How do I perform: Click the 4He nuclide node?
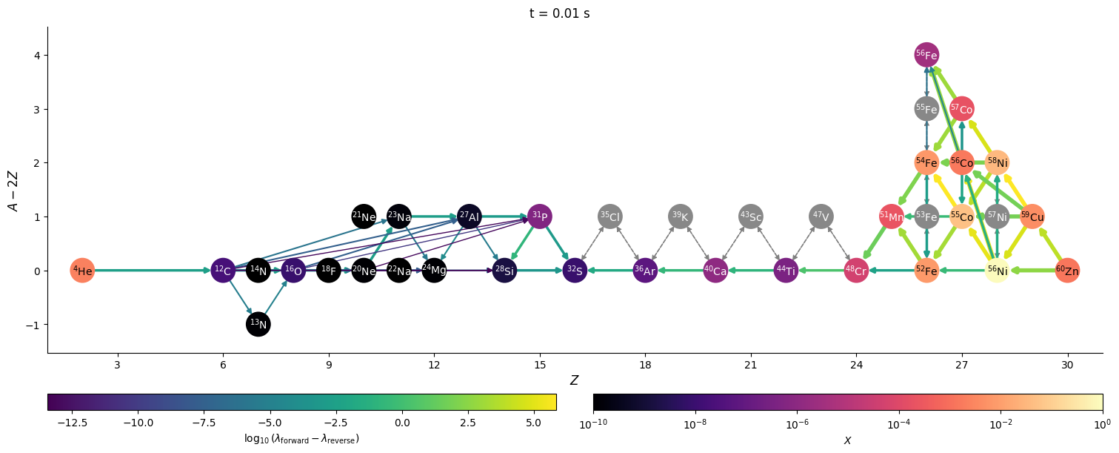82,271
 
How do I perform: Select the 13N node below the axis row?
258,324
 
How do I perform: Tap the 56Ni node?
997,271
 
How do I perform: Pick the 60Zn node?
1067,271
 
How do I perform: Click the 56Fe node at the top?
926,55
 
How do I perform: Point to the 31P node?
540,216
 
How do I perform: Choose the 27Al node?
470,216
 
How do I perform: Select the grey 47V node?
821,216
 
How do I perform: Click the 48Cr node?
856,271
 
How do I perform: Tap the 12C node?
223,271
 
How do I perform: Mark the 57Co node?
962,109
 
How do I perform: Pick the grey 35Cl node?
609,216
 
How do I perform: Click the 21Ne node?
364,216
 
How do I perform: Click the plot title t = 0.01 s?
559,13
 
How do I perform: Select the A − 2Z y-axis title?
14,190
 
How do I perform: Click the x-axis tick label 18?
645,366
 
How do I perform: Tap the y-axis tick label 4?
35,56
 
